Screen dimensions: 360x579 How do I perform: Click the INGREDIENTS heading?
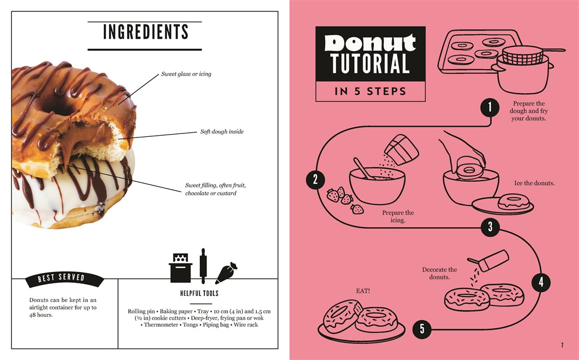coord(145,32)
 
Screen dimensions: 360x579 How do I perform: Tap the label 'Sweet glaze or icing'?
coord(186,74)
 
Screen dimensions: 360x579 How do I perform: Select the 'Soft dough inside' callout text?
coord(222,132)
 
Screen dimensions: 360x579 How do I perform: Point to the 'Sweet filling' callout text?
coord(215,189)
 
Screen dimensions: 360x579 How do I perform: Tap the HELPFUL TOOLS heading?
coord(198,294)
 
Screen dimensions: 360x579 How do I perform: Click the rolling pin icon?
coord(203,266)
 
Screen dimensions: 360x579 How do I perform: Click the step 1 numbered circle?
coord(489,106)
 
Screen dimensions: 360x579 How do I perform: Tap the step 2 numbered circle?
coord(316,180)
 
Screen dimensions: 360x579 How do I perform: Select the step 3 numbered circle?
coord(490,228)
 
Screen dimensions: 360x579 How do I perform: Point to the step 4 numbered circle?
coord(540,282)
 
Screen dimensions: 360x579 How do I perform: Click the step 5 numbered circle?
coord(422,328)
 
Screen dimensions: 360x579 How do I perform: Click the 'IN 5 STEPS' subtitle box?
coord(370,91)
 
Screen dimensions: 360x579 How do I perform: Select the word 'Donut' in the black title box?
coord(370,43)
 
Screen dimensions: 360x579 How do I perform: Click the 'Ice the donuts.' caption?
coord(534,183)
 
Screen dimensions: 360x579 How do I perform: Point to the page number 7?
coord(561,344)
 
